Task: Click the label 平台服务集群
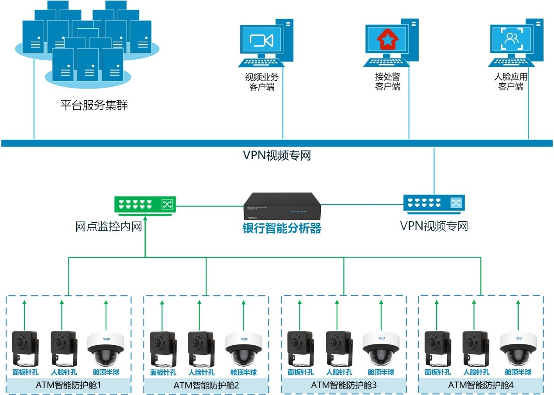point(94,105)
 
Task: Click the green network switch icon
point(145,204)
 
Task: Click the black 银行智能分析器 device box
point(282,206)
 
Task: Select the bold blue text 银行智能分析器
point(282,228)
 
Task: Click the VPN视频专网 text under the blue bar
point(277,155)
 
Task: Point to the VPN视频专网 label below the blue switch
point(434,226)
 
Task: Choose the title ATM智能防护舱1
point(69,385)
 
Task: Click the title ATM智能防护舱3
point(344,385)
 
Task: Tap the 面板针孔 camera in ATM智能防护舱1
point(25,348)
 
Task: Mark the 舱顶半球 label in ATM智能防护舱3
point(381,372)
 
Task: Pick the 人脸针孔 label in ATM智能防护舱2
point(201,373)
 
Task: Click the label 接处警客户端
point(388,82)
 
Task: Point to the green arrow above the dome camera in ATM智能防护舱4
point(518,314)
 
